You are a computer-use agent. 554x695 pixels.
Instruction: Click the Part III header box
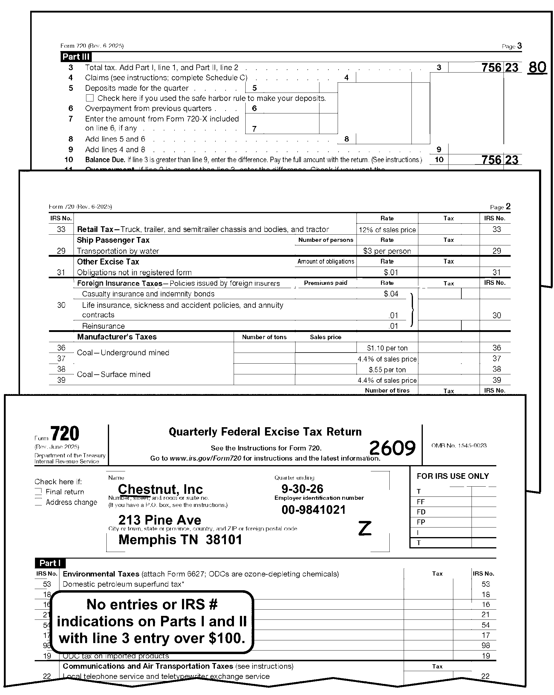(x=76, y=57)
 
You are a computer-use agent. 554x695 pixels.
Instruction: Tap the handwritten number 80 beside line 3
(x=537, y=68)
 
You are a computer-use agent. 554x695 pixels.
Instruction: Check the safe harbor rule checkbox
(x=90, y=98)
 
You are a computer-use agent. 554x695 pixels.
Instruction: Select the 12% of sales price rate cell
(x=387, y=230)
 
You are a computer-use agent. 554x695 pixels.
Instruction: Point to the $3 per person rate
(x=387, y=251)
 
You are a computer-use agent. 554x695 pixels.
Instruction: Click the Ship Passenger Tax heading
(x=113, y=240)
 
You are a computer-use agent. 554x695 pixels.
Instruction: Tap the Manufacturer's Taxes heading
(x=117, y=337)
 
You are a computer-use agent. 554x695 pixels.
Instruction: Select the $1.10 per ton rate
(x=387, y=348)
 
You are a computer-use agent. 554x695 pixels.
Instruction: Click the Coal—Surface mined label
(x=114, y=374)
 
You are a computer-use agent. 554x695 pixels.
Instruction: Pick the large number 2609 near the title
(x=392, y=448)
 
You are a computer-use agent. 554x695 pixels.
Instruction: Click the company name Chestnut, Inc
(x=160, y=489)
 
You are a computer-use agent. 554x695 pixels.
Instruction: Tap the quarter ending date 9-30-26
(x=302, y=489)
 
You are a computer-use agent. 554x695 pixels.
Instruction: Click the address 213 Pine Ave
(x=160, y=520)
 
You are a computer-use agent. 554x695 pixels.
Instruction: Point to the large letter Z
(x=365, y=529)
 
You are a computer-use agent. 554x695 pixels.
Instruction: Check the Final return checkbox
(x=38, y=492)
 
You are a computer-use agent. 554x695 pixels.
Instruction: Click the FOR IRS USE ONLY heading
(x=453, y=476)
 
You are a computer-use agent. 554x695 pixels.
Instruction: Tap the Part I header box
(x=50, y=563)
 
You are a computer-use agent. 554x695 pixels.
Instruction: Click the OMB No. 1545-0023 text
(x=459, y=445)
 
